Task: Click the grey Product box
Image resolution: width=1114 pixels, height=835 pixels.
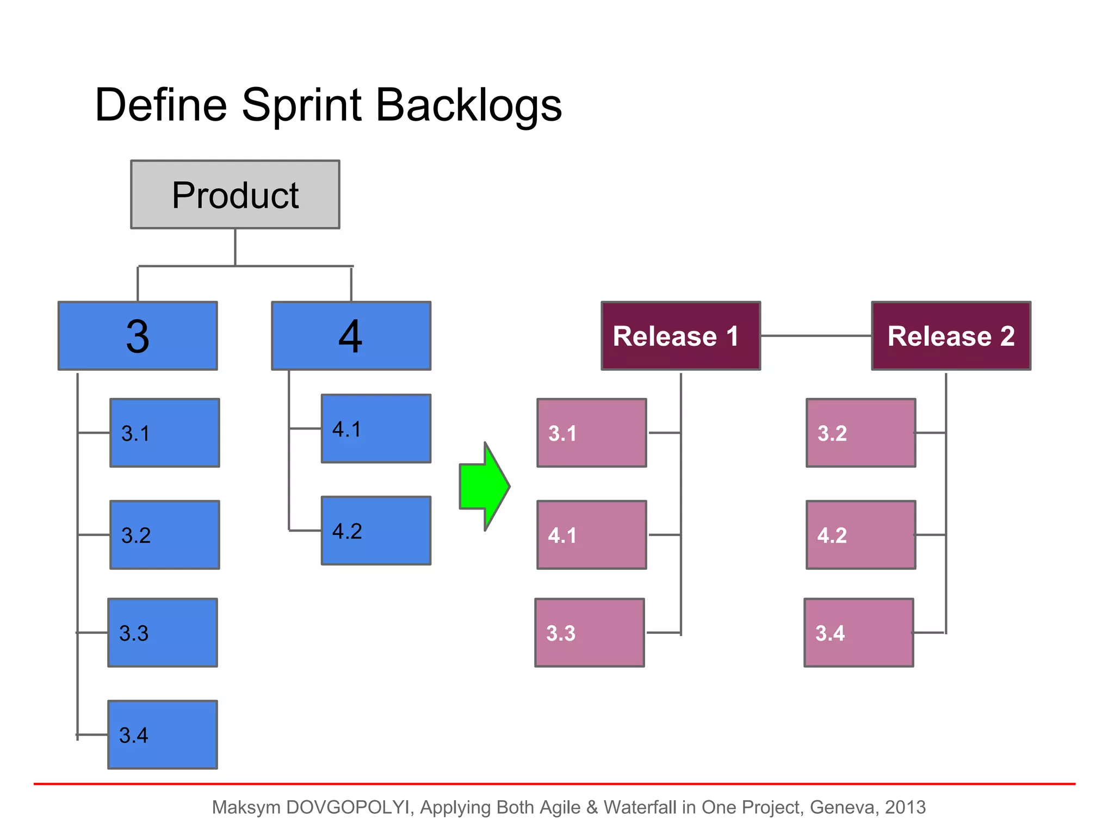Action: [x=235, y=194]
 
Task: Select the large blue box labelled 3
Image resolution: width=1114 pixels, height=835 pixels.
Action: [x=138, y=336]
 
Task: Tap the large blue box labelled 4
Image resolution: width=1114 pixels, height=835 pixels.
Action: [x=351, y=336]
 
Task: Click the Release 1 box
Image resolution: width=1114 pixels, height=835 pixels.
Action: [x=680, y=336]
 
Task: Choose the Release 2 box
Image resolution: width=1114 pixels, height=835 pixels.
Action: [x=951, y=336]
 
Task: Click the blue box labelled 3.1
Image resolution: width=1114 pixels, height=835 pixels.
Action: [x=165, y=433]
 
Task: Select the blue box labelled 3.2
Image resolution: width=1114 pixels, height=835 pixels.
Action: [x=165, y=535]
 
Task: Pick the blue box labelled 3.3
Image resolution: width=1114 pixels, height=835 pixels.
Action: [x=163, y=633]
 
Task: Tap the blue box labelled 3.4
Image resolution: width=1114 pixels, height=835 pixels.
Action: [x=163, y=734]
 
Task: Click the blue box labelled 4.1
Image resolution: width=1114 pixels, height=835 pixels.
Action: [x=376, y=428]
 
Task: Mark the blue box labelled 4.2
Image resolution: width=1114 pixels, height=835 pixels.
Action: [x=376, y=531]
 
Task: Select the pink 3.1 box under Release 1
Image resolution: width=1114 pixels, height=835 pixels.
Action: [x=592, y=433]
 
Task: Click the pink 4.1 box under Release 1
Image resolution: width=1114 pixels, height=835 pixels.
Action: [x=592, y=535]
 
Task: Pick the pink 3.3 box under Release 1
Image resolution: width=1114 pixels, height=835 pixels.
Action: [x=590, y=633]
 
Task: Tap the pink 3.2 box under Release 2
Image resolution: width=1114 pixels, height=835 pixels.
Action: [x=861, y=433]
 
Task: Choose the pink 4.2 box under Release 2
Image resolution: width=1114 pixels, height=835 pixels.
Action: [x=861, y=535]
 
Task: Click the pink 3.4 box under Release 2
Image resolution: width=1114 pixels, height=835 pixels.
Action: [x=858, y=633]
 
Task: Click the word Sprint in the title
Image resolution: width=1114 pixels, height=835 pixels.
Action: [x=301, y=106]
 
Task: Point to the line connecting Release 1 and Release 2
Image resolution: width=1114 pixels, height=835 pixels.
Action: [x=816, y=336]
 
